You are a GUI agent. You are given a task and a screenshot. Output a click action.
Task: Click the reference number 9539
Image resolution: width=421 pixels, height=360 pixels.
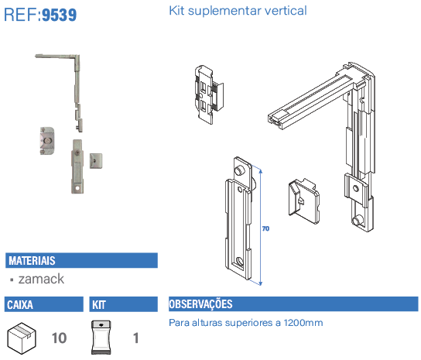click(60, 15)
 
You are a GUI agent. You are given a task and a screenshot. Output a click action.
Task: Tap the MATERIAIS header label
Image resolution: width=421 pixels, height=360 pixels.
click(32, 261)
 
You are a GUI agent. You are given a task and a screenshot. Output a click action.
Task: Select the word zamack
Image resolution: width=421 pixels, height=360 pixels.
click(41, 279)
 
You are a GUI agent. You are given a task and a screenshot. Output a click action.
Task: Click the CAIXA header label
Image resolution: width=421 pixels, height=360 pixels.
click(20, 305)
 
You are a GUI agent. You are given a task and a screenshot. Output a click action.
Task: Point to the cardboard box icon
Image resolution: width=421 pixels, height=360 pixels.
click(22, 338)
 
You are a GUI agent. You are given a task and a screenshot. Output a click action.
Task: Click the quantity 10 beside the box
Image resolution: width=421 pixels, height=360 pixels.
click(59, 338)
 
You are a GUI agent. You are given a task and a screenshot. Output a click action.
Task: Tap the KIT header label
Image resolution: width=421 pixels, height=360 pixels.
click(99, 305)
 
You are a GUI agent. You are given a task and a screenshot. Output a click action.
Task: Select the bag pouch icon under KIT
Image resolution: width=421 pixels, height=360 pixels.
click(101, 338)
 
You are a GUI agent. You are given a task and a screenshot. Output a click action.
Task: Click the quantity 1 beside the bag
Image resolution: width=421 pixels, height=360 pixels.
click(136, 338)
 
